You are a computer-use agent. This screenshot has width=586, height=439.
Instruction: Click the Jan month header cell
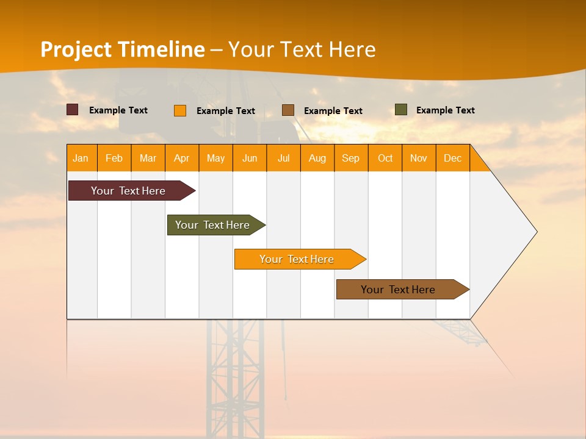[x=81, y=158]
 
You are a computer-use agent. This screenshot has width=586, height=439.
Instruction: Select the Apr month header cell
[x=182, y=158]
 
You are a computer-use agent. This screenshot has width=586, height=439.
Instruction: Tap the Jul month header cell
[x=283, y=158]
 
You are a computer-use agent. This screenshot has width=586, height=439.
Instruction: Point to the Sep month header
[x=351, y=158]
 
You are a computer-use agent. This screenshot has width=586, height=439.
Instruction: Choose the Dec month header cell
[x=452, y=158]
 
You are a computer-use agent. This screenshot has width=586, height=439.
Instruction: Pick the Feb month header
[x=114, y=158]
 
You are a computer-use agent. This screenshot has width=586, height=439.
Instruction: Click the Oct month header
[x=385, y=158]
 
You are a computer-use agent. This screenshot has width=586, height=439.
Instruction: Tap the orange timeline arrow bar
[x=297, y=259]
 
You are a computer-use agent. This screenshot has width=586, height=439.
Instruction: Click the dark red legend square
[x=73, y=110]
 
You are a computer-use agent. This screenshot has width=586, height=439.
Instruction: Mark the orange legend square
[x=180, y=110]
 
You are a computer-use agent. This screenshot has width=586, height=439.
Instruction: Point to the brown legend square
[x=288, y=110]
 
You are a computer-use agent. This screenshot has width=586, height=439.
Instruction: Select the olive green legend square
[x=401, y=110]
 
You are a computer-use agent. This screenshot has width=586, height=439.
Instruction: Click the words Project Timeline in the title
[x=122, y=49]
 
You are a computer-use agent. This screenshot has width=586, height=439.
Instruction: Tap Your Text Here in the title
[x=302, y=49]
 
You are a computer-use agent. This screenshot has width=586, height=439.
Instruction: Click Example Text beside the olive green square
[x=445, y=110]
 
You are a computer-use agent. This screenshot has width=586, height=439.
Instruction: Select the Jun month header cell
[x=250, y=158]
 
